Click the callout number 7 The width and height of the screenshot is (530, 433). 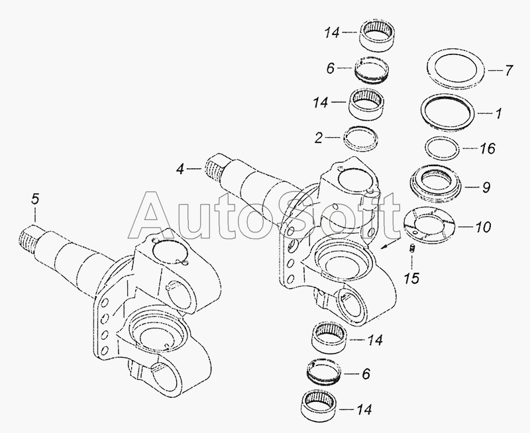pos(508,71)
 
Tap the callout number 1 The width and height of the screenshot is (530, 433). pos(498,113)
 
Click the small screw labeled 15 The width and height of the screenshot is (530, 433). pos(412,249)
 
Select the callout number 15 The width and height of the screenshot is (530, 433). pos(412,277)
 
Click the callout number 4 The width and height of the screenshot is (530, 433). pos(181,169)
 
